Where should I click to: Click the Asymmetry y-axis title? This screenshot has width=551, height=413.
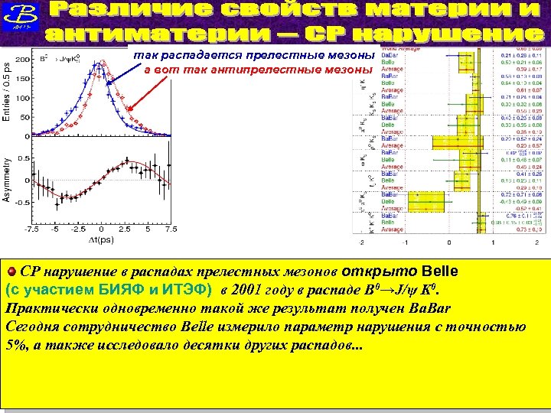[x=7, y=180]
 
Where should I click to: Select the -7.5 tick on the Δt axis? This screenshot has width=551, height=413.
[x=31, y=228]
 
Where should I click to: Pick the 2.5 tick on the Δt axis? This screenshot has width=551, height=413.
[x=124, y=228]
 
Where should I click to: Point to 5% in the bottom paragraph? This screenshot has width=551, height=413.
[x=16, y=344]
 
